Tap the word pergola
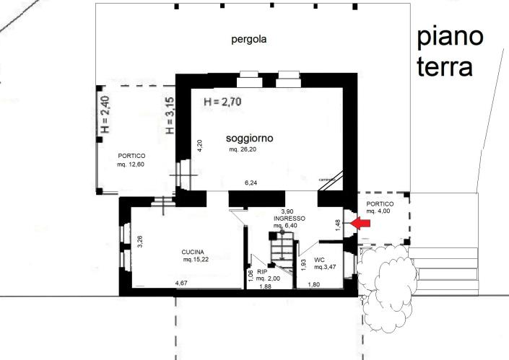click(x=249, y=40)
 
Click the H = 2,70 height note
click(x=222, y=102)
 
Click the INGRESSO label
click(x=289, y=218)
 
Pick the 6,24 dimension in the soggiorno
click(x=251, y=183)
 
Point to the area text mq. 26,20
click(x=243, y=149)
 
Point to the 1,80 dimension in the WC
click(x=314, y=284)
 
